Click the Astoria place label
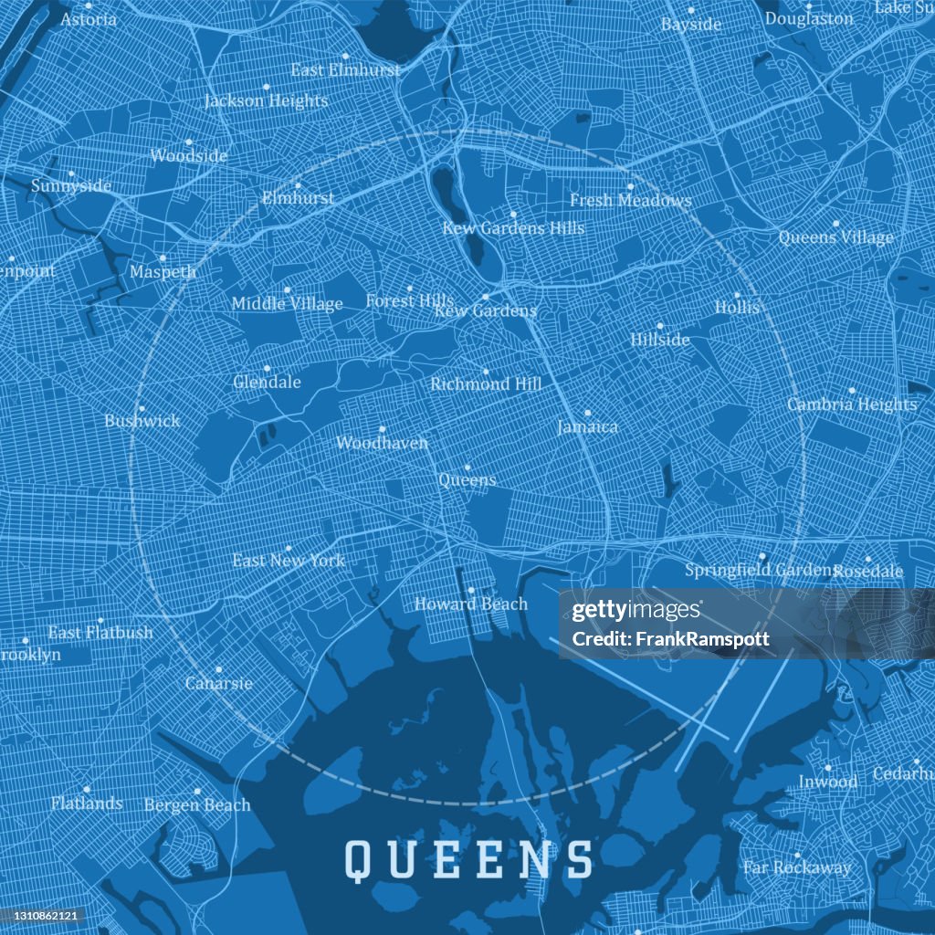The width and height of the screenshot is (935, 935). [89, 18]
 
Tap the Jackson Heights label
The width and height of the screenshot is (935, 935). [266, 100]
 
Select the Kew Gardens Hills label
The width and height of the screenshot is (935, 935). [513, 227]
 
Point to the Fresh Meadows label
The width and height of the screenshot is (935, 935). [630, 200]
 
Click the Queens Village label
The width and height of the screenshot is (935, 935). [835, 237]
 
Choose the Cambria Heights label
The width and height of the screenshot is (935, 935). [852, 404]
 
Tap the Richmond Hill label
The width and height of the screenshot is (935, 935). [486, 384]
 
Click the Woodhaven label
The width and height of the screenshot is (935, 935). [382, 443]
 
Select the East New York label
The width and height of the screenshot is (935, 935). [289, 560]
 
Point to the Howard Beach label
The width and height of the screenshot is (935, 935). [471, 604]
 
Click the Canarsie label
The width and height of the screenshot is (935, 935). [218, 683]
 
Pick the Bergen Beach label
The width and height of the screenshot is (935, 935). [197, 804]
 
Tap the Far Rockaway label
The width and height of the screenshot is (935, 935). [797, 867]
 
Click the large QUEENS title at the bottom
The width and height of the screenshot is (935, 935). [468, 859]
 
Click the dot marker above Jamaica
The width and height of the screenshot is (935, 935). [587, 413]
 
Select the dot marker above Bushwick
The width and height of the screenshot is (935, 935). [142, 409]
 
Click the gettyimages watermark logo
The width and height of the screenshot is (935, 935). [637, 611]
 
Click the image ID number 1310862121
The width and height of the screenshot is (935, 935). [43, 915]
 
